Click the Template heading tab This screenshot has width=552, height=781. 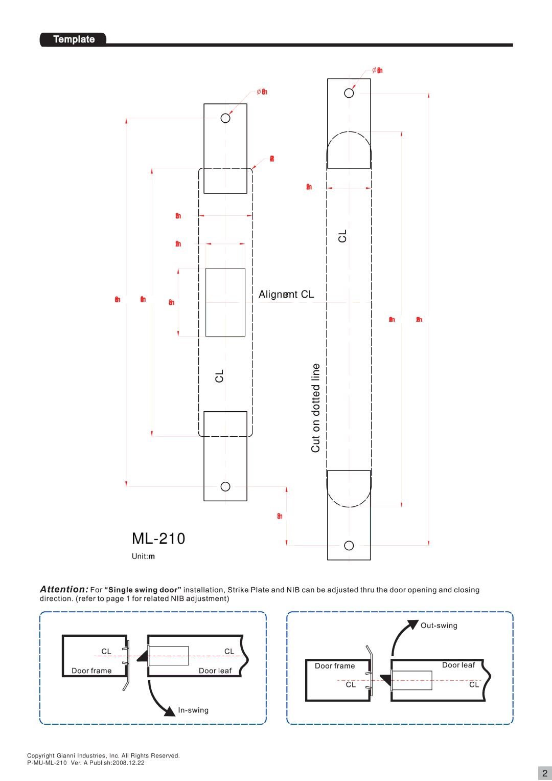point(74,39)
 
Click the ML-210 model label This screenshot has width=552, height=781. point(158,539)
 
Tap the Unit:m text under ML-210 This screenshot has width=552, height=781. point(143,556)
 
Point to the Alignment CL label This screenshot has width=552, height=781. point(286,295)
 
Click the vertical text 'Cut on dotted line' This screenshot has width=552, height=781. point(316,408)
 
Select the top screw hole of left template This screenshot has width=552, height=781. point(225,118)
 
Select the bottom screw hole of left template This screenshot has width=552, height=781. point(225,486)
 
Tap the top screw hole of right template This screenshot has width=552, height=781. point(349,93)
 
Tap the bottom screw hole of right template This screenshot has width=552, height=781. point(349,546)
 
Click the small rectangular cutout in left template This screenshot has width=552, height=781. point(225,302)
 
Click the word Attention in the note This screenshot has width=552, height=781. point(64,589)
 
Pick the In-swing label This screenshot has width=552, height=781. point(193,710)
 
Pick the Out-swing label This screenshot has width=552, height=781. point(439,626)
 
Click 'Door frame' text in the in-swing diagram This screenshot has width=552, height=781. point(91,671)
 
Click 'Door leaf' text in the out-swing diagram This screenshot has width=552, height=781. point(458,665)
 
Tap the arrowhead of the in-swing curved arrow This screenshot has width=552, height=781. point(170,711)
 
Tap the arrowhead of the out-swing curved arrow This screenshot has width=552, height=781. point(412,624)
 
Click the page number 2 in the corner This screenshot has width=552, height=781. point(545,773)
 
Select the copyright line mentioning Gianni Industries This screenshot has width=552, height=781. point(103,755)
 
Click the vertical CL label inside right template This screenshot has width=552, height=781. point(342,236)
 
